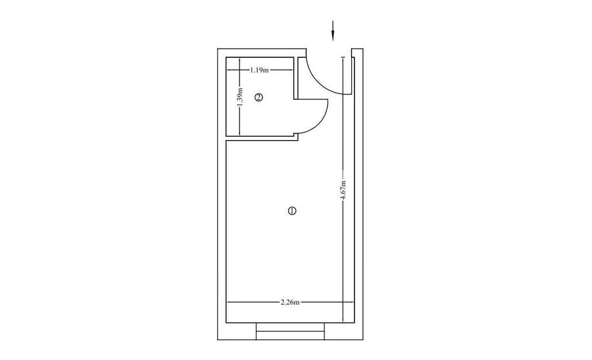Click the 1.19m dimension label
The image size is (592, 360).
tap(259, 70)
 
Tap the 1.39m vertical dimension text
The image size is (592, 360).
tap(240, 97)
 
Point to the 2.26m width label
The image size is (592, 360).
tap(290, 302)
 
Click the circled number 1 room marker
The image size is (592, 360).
tap(292, 211)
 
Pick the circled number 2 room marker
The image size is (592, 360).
tap(259, 97)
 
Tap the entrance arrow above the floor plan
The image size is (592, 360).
tap(333, 30)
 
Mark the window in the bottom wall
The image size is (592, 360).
tap(290, 331)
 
